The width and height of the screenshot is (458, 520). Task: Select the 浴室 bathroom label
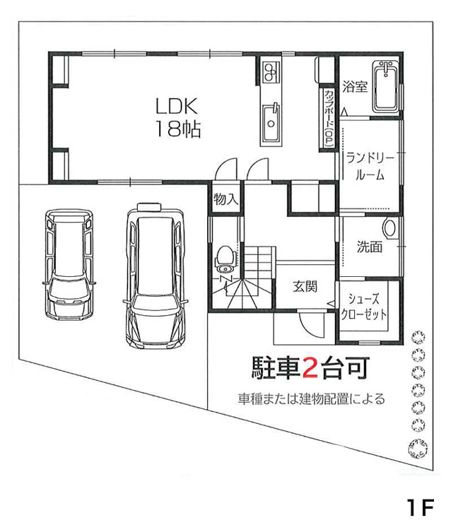[355, 87]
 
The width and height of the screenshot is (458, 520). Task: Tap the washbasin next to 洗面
[389, 229]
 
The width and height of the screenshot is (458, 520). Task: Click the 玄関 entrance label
[305, 286]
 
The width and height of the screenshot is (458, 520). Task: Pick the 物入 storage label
[225, 200]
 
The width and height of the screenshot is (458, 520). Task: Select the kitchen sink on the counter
[270, 122]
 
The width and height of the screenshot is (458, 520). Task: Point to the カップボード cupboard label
[329, 117]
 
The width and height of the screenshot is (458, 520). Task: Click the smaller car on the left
[68, 264]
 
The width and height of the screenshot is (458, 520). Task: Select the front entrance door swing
[312, 325]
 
